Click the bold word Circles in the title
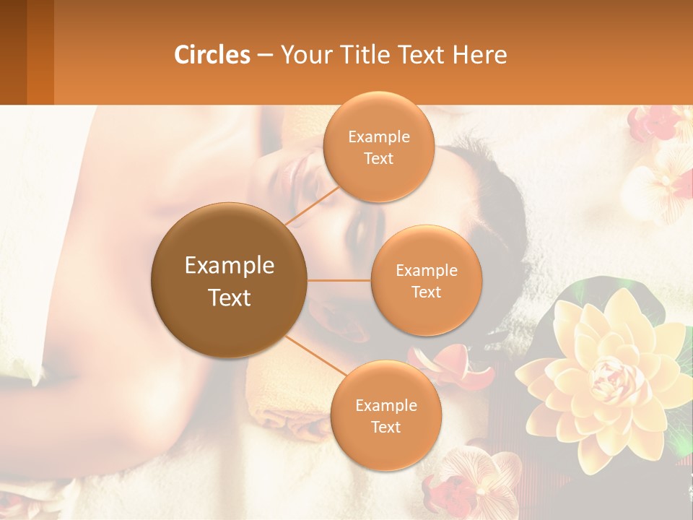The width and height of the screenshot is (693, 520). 212,54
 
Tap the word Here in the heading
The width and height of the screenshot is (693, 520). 479,54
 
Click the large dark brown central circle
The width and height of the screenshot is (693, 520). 230,280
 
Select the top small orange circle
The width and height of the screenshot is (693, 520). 378,147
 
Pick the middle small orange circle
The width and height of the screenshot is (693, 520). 426,280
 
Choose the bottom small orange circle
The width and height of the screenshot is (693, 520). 385,415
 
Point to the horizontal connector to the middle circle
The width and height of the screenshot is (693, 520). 339,280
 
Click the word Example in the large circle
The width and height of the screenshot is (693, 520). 230,266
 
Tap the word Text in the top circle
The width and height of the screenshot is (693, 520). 378,158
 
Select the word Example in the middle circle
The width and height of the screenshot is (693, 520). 426,270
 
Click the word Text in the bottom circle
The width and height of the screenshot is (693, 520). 385,427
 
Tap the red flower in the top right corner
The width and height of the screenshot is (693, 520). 654,123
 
